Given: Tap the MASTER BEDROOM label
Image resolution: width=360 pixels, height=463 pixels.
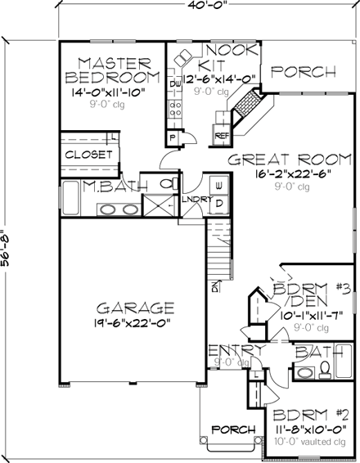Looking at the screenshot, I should click(x=109, y=70).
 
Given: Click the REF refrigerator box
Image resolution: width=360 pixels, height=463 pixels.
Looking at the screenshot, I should click(x=221, y=136).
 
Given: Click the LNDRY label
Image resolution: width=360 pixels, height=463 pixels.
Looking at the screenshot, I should click(x=196, y=199).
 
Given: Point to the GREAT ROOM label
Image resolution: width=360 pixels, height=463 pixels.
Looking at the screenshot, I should click(x=277, y=159).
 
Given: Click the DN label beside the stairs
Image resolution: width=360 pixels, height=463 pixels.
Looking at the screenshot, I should click(x=215, y=287).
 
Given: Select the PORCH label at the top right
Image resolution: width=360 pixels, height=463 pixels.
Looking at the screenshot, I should click(x=304, y=72).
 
